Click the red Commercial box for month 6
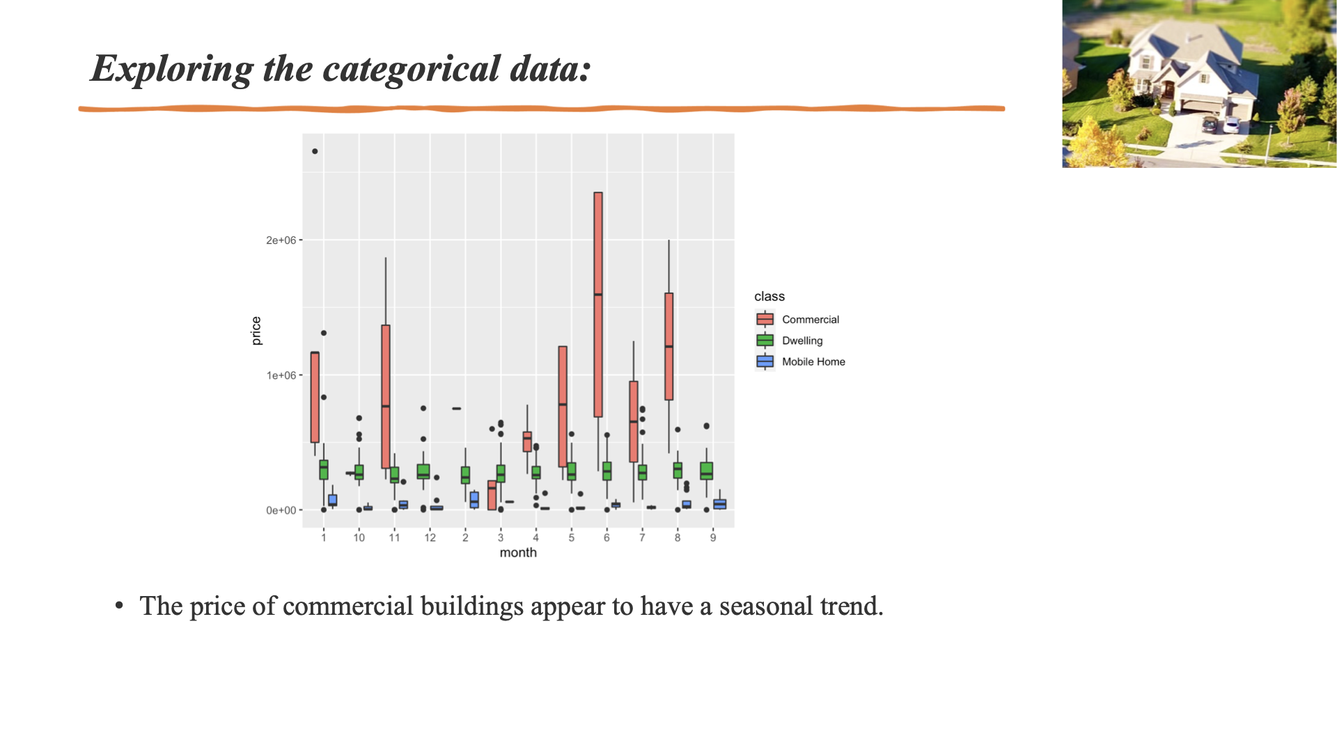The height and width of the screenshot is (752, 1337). click(x=597, y=304)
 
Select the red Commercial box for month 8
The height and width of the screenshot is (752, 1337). click(x=668, y=346)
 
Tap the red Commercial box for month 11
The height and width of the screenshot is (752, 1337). click(x=386, y=396)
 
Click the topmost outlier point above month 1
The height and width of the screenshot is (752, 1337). click(x=315, y=151)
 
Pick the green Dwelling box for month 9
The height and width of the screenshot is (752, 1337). click(x=706, y=471)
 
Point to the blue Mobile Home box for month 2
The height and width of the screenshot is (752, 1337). click(x=474, y=499)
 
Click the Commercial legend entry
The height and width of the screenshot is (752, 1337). click(x=810, y=320)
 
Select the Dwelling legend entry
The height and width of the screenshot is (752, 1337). click(x=802, y=340)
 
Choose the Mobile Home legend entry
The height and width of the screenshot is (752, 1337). click(x=813, y=361)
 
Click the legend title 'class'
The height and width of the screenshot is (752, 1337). click(x=769, y=297)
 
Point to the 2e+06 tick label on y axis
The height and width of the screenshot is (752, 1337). click(x=281, y=240)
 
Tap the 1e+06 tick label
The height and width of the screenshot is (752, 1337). click(x=281, y=375)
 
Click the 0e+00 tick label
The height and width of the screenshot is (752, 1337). click(x=281, y=510)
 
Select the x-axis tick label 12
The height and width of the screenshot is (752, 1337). click(x=430, y=538)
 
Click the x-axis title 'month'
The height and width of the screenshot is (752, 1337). click(x=518, y=553)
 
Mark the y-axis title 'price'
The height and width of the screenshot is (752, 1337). click(x=256, y=331)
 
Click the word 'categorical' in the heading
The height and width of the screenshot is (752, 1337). click(x=411, y=69)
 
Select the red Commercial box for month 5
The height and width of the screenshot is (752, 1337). click(x=563, y=406)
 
